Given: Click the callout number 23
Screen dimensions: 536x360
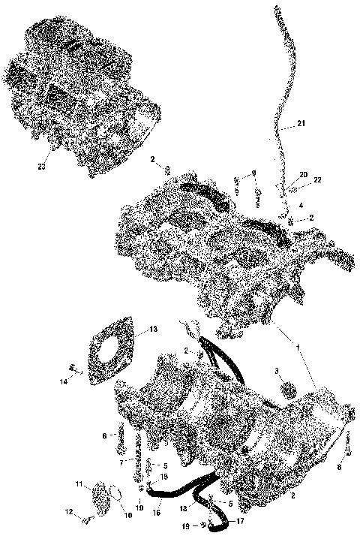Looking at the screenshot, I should click(42, 166).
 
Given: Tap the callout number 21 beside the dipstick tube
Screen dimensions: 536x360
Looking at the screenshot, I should click(301, 123).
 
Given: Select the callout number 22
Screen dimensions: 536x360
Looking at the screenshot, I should click(318, 180).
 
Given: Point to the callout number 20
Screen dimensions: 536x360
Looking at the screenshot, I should click(304, 174).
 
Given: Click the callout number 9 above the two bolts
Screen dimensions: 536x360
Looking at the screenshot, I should click(254, 173).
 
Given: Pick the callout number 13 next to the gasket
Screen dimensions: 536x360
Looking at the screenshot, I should click(152, 329).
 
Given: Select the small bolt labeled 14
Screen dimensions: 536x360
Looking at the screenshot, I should click(74, 368).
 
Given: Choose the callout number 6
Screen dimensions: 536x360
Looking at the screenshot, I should click(104, 435).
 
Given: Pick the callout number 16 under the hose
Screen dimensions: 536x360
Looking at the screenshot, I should click(157, 512).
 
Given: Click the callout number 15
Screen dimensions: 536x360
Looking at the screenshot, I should click(163, 477).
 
